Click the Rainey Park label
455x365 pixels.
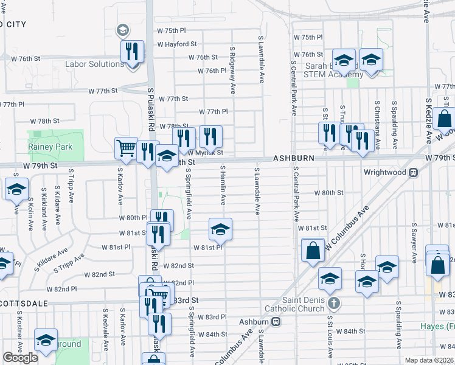click(x=50, y=147)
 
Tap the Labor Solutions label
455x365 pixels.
click(x=95, y=64)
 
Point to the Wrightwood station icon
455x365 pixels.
click(x=414, y=172)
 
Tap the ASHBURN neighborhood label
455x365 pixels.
click(x=293, y=158)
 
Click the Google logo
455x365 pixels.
click(x=20, y=358)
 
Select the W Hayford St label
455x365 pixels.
click(x=177, y=44)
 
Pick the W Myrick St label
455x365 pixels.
click(x=205, y=153)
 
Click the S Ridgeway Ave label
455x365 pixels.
click(x=232, y=71)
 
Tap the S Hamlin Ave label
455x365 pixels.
click(x=223, y=185)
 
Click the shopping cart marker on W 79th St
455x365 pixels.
click(x=126, y=147)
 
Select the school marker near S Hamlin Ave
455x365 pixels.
click(x=220, y=229)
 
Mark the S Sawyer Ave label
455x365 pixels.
click(x=414, y=243)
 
